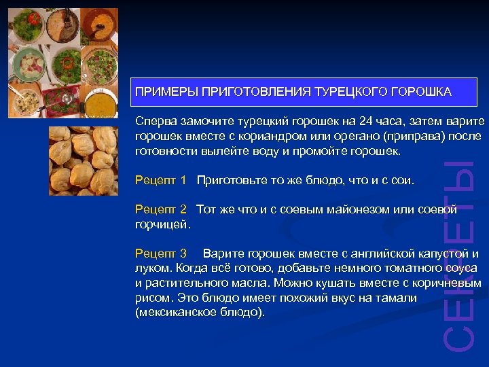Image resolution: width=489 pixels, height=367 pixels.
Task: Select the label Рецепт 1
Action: pyautogui.click(x=160, y=180)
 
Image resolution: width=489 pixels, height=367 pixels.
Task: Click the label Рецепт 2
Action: pyautogui.click(x=160, y=209)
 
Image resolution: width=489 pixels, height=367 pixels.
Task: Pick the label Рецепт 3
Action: pyautogui.click(x=160, y=254)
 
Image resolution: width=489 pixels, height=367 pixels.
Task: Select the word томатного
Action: pyautogui.click(x=391, y=268)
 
